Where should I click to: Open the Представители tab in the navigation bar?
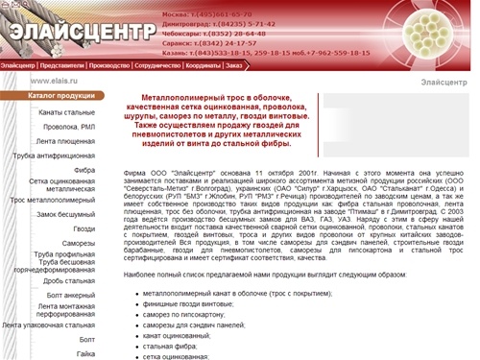coord(62,65)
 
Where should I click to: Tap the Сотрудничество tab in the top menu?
coord(157,65)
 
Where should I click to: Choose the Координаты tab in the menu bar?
coord(202,65)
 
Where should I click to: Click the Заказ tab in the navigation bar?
coord(233,65)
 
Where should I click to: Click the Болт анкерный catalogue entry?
coord(72,294)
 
